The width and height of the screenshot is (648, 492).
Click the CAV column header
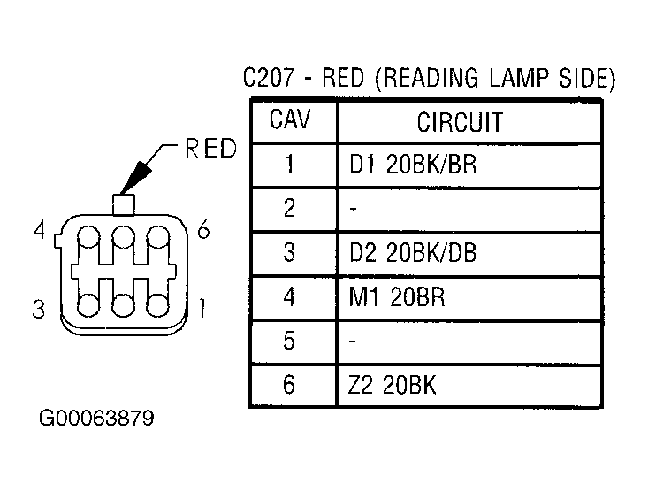point(289,119)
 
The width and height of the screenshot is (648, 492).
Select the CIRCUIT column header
point(460,122)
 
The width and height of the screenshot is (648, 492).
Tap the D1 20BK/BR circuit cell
point(413,164)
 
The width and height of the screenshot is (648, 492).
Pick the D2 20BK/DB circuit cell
point(413,252)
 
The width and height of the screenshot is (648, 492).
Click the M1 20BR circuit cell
point(397,296)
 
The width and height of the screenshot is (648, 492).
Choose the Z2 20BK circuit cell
point(392,385)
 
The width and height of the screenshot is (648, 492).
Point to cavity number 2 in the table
point(289,208)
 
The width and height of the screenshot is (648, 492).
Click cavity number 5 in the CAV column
point(289,341)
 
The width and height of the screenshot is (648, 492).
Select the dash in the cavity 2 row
point(353,209)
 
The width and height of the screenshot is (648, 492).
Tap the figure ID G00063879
point(96,418)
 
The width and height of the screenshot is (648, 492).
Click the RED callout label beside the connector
point(211,148)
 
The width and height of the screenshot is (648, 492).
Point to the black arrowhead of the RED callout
point(136,178)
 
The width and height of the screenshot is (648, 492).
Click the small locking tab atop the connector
point(124,204)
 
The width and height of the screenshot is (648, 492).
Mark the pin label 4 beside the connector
point(39,230)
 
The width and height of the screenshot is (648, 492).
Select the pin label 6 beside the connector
point(203,229)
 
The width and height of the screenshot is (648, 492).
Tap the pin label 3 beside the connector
point(38,309)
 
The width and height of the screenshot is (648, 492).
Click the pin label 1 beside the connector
point(202,308)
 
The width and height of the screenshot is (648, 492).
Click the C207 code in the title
point(270,77)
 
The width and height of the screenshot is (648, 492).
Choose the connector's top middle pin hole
point(124,237)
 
